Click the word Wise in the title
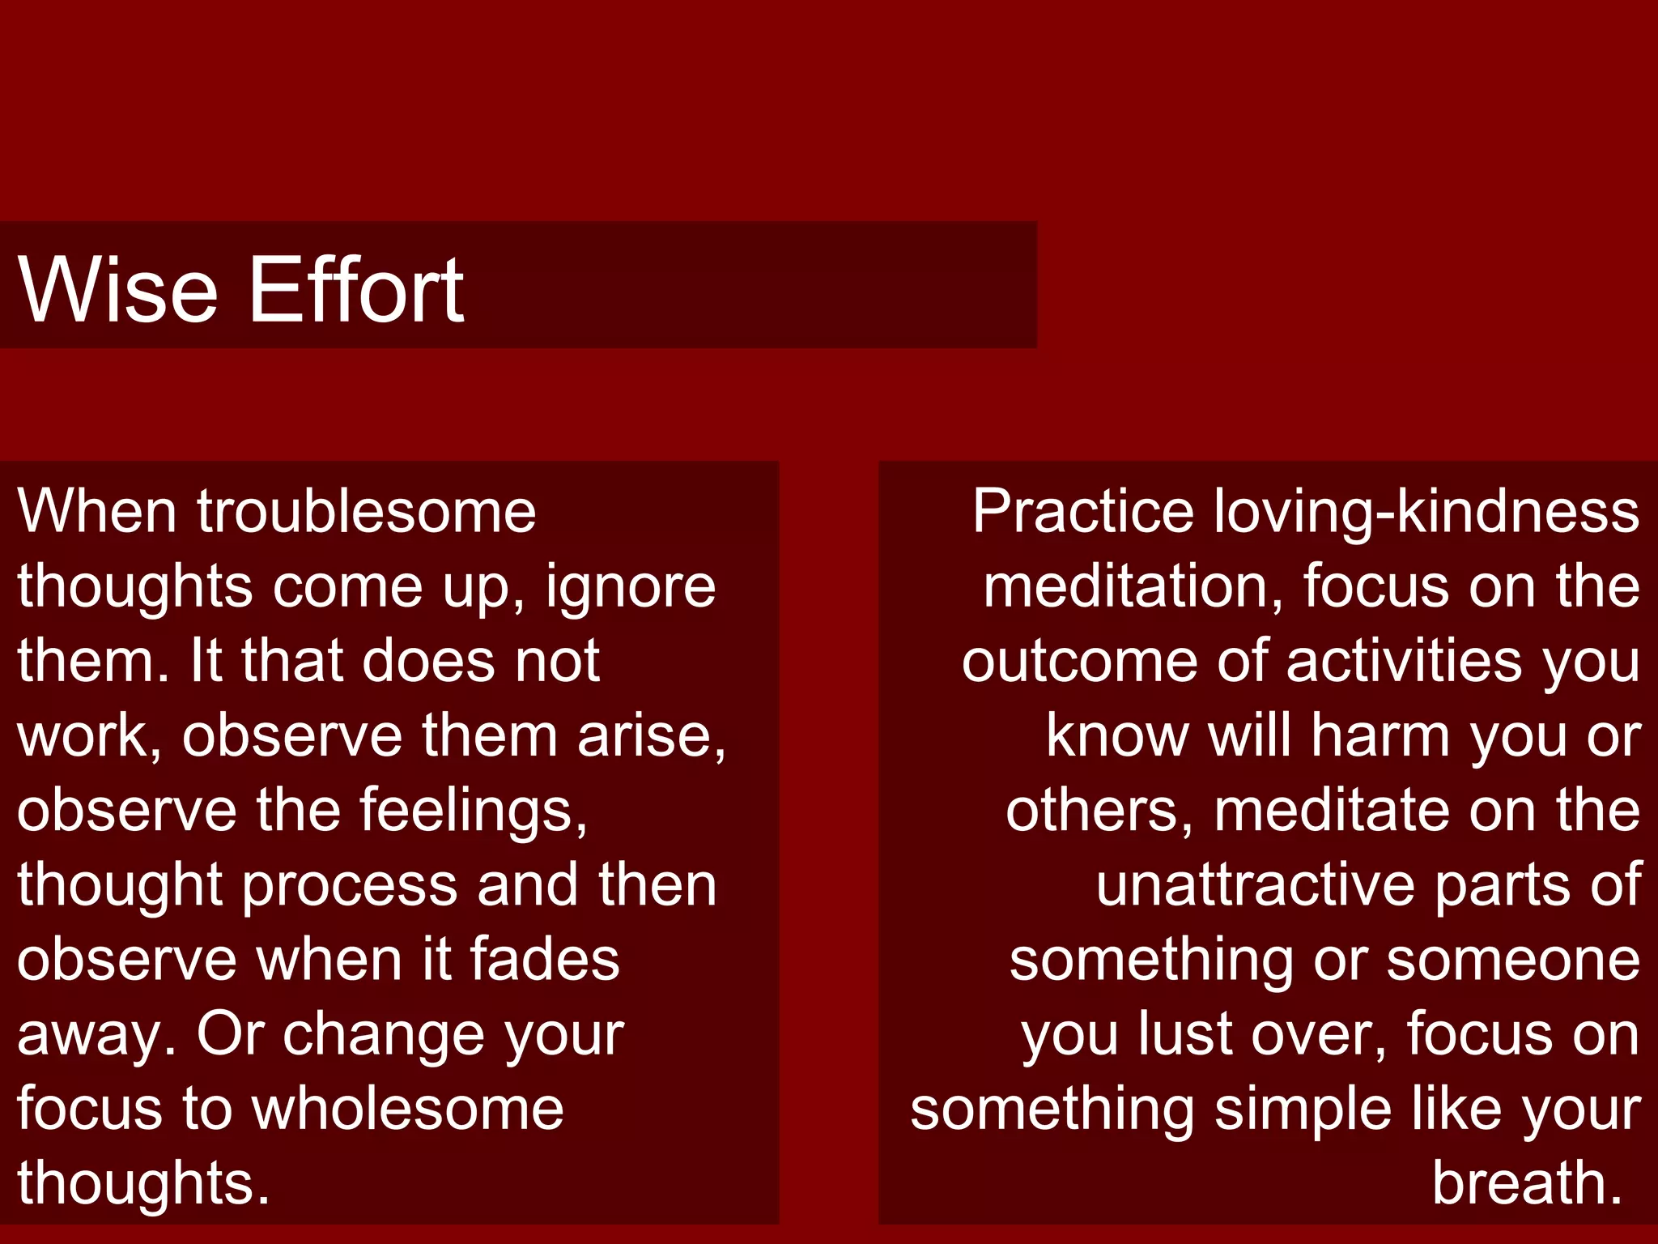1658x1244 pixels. pos(118,289)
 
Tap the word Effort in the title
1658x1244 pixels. pos(356,289)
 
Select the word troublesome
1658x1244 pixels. pos(366,512)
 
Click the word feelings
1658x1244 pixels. pos(473,810)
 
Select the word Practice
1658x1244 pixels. pos(1083,512)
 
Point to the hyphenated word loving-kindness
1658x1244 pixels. pos(1426,512)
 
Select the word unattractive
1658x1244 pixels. pos(1256,884)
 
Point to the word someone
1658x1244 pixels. pos(1513,959)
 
